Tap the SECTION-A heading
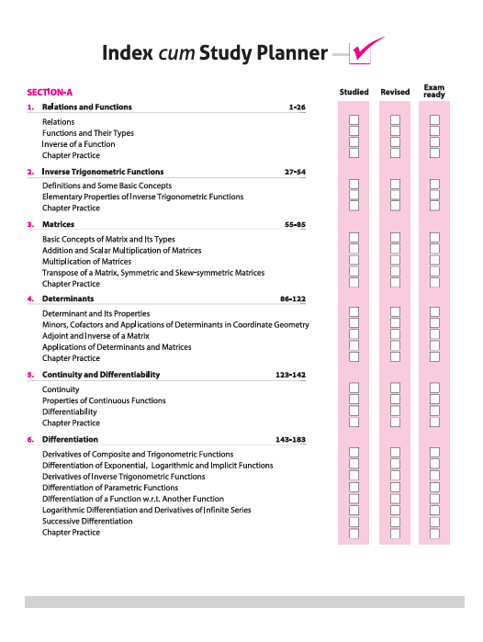pyautogui.click(x=50, y=92)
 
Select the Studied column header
pyautogui.click(x=354, y=92)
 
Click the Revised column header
pyautogui.click(x=395, y=92)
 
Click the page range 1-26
pyautogui.click(x=297, y=107)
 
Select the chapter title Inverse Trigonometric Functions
pyautogui.click(x=103, y=172)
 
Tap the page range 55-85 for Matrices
pyautogui.click(x=295, y=224)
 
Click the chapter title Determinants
pyautogui.click(x=68, y=298)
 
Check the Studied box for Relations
pyautogui.click(x=354, y=121)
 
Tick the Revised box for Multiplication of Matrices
pyautogui.click(x=395, y=262)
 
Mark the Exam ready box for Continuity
pyautogui.click(x=435, y=389)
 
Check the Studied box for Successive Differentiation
pyautogui.click(x=354, y=521)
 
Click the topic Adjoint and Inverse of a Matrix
pyautogui.click(x=95, y=336)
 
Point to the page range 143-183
pyautogui.click(x=290, y=440)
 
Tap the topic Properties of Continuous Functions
pyautogui.click(x=104, y=400)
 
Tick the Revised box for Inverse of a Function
pyautogui.click(x=395, y=144)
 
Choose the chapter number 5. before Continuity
pyautogui.click(x=30, y=375)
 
